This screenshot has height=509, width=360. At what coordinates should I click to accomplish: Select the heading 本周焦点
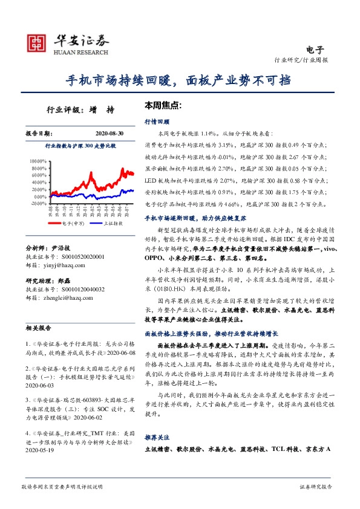pos(163,105)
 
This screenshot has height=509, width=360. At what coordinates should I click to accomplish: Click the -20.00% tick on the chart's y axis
pos(38,203)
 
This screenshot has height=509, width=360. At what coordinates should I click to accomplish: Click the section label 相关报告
pos(38,344)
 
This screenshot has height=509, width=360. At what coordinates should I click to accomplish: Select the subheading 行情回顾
pos(156,121)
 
